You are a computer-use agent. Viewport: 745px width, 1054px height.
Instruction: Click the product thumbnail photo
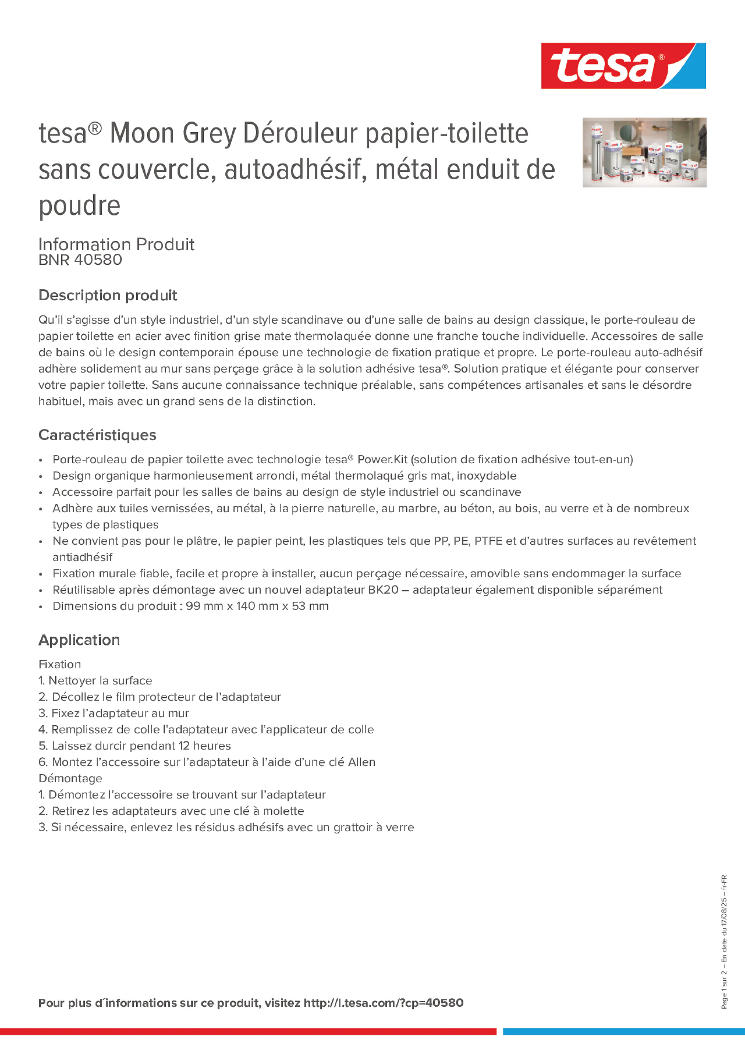tap(644, 152)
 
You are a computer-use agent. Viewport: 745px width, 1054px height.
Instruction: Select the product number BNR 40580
tap(81, 260)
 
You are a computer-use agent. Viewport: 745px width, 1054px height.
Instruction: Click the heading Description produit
tap(107, 295)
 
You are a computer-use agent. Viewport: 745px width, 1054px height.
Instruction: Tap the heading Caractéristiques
tap(98, 435)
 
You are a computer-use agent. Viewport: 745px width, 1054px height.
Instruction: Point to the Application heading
tap(79, 640)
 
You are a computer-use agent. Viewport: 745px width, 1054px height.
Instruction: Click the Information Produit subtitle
tap(116, 244)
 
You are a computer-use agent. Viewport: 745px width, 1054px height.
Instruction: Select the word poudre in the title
tap(79, 205)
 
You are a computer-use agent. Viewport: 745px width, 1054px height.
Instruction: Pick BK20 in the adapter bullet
tap(383, 590)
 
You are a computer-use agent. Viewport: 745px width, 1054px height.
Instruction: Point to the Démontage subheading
tap(70, 778)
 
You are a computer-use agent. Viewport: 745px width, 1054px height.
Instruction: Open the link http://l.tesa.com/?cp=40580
tap(383, 1003)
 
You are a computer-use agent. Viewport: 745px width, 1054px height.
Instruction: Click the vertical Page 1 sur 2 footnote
tap(724, 994)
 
